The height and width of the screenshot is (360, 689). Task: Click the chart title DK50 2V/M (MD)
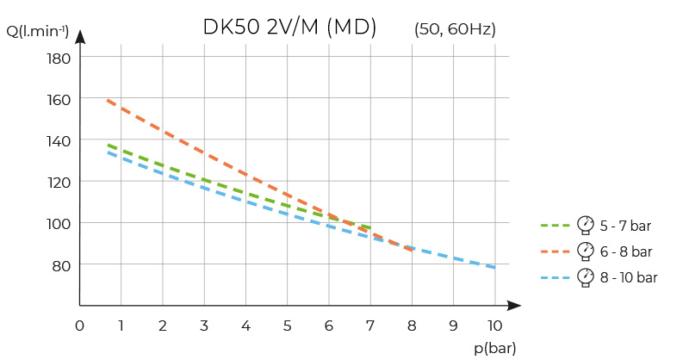[289, 28]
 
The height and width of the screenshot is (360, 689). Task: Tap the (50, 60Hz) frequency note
[455, 29]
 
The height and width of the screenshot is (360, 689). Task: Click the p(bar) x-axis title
[493, 347]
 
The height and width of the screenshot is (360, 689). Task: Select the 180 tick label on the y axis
[58, 59]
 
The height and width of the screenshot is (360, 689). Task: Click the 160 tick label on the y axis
[58, 99]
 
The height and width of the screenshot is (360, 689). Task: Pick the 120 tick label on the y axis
[58, 182]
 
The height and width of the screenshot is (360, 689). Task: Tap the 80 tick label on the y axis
[61, 264]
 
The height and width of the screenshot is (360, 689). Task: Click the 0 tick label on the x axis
[79, 326]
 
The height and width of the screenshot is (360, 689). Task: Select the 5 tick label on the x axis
[287, 326]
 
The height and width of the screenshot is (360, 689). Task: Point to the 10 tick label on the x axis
[494, 326]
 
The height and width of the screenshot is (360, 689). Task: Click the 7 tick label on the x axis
[370, 326]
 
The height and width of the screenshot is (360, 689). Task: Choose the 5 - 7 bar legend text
[626, 227]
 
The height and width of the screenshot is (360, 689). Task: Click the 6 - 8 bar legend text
[626, 252]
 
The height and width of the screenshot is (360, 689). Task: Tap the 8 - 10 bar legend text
[630, 278]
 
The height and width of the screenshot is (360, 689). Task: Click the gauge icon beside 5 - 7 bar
[586, 225]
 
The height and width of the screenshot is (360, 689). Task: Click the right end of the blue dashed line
[495, 268]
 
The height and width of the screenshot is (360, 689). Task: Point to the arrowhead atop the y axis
[80, 36]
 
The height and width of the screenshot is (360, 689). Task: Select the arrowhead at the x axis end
[515, 305]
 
